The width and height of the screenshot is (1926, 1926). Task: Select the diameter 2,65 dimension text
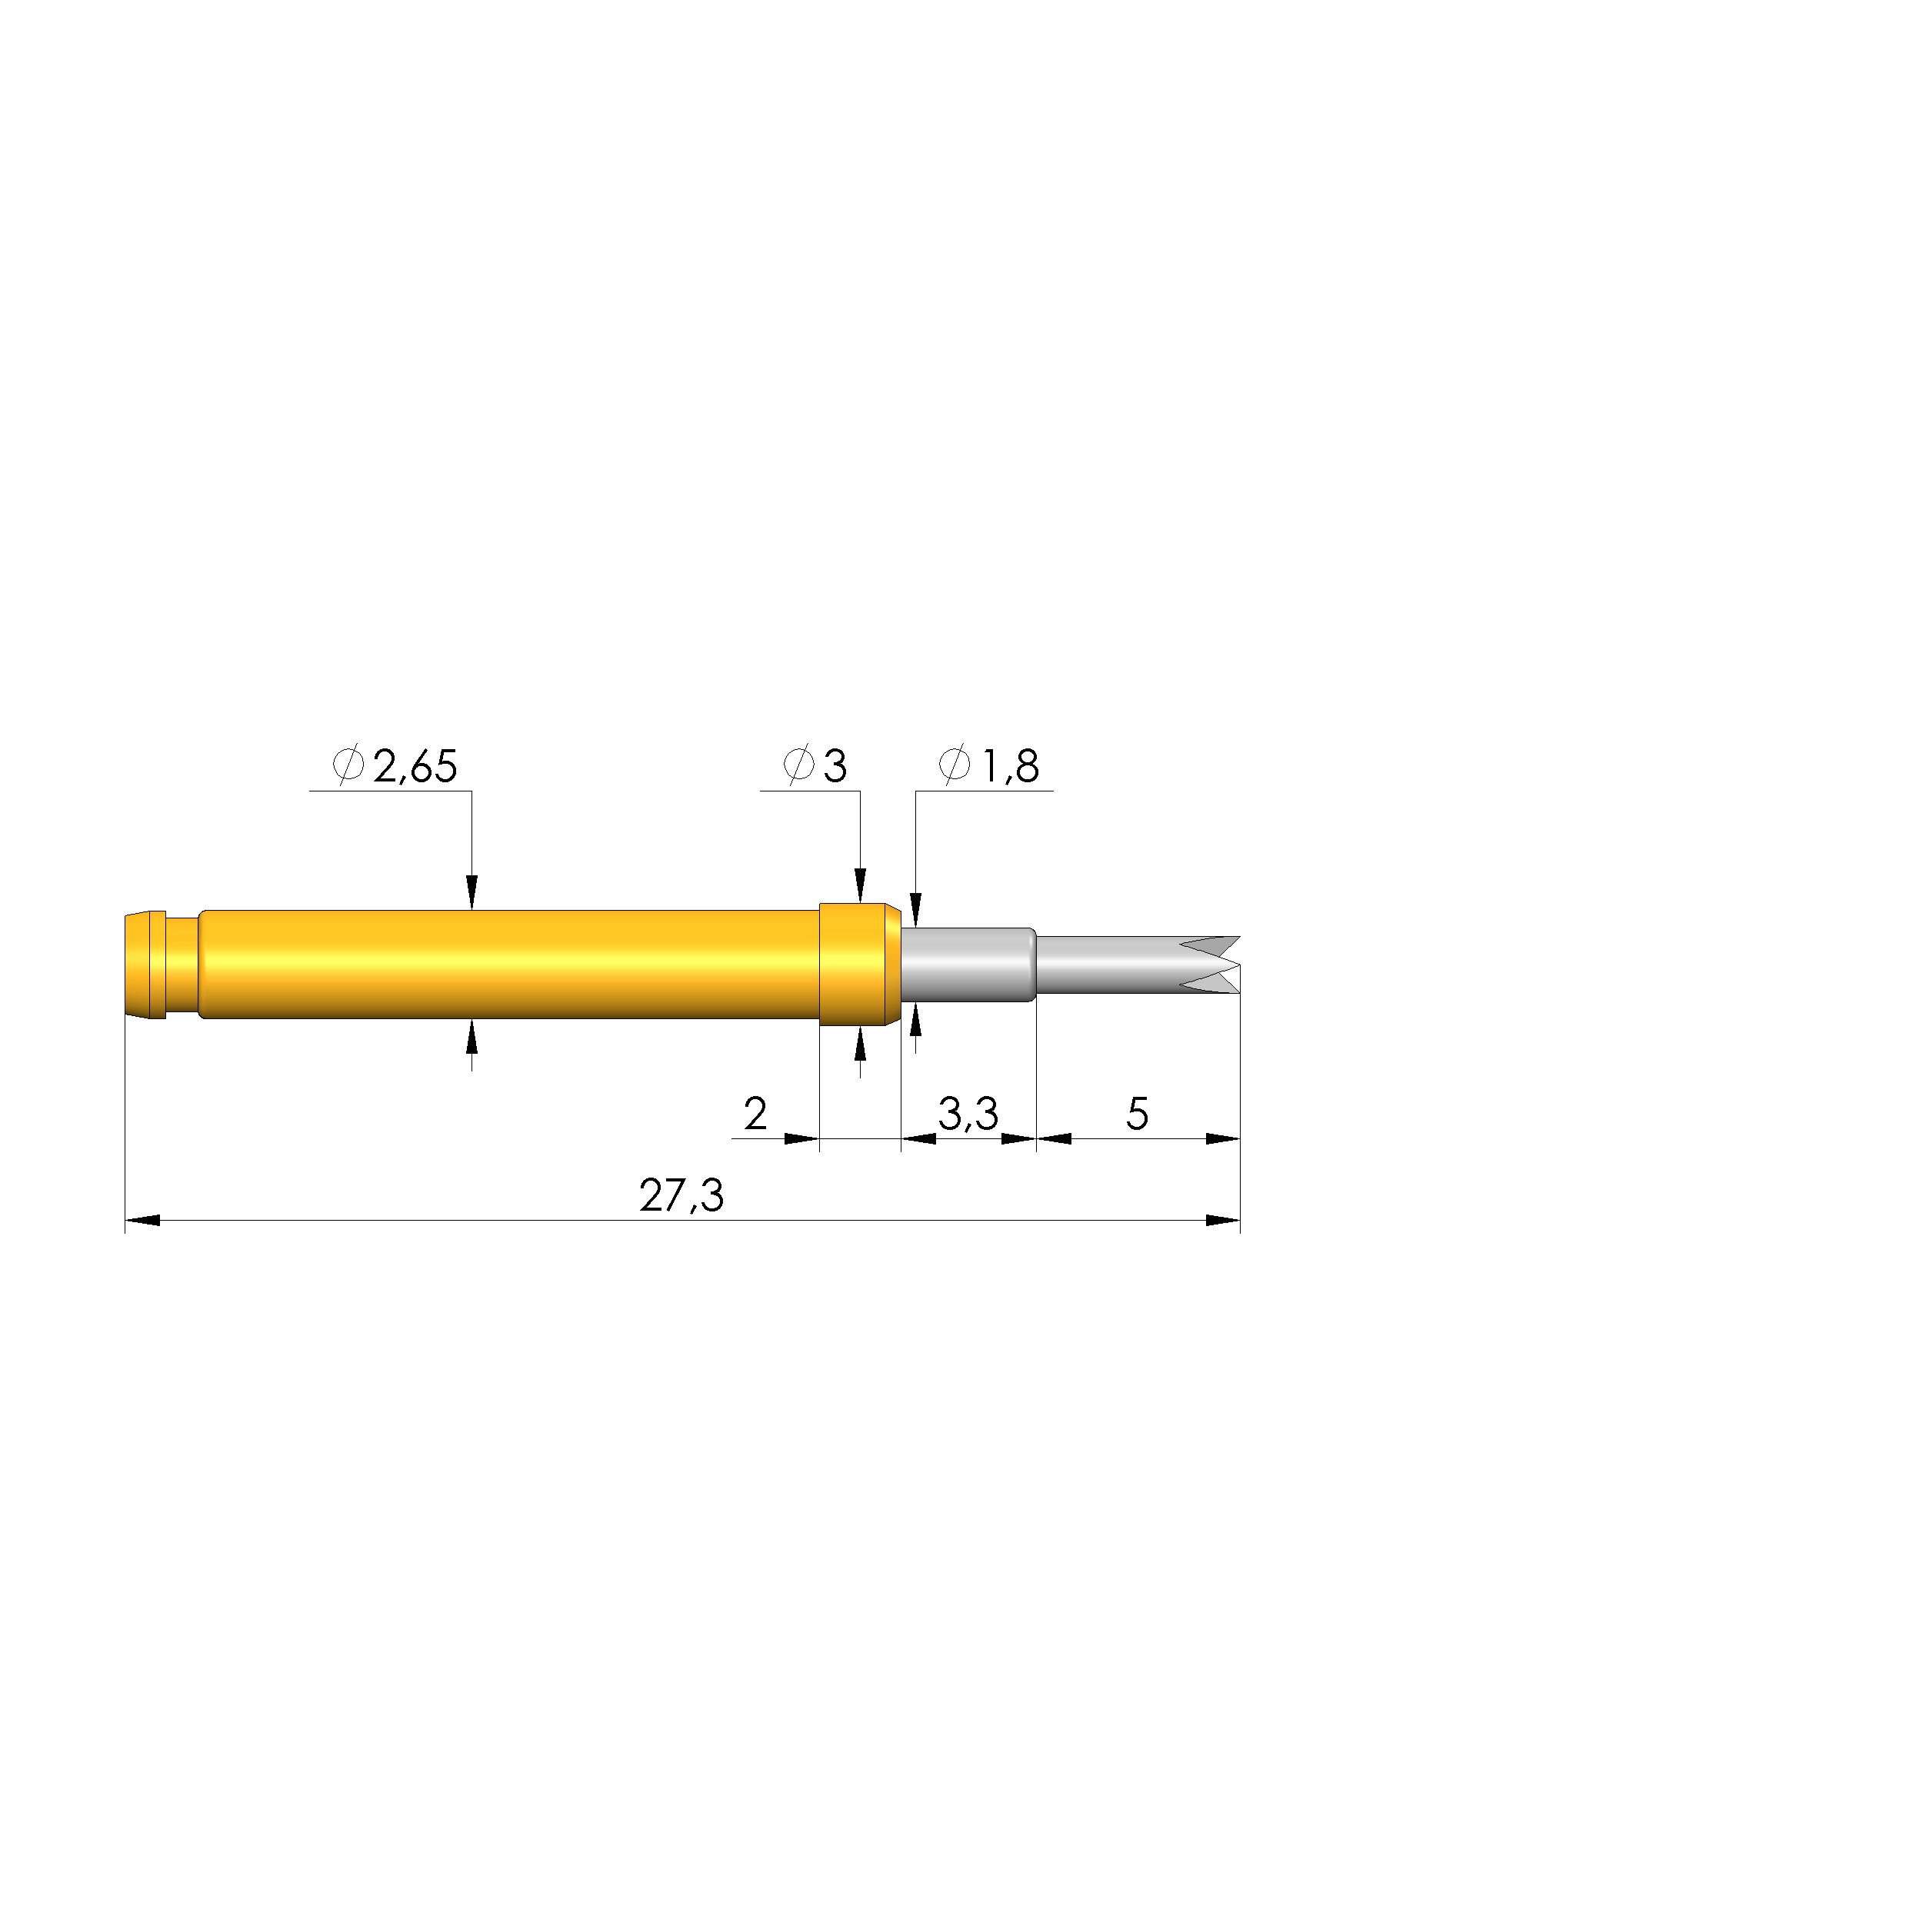pos(415,767)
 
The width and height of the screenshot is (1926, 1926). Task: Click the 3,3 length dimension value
pos(967,1114)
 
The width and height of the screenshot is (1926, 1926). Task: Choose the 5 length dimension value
pos(1137,1114)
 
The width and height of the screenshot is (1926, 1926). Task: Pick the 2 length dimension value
pos(755,1114)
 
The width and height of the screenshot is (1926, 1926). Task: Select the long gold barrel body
pos(508,963)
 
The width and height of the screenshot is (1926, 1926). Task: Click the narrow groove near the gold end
pos(182,964)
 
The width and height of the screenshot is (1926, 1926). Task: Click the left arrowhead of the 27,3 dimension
pos(142,1220)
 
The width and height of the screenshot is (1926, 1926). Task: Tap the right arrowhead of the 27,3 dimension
pos(1223,1220)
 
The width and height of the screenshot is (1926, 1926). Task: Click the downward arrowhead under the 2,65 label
pos(472,892)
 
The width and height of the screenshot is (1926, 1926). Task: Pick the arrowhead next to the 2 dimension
pos(801,1138)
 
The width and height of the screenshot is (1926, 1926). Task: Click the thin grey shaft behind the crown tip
pos(1107,964)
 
